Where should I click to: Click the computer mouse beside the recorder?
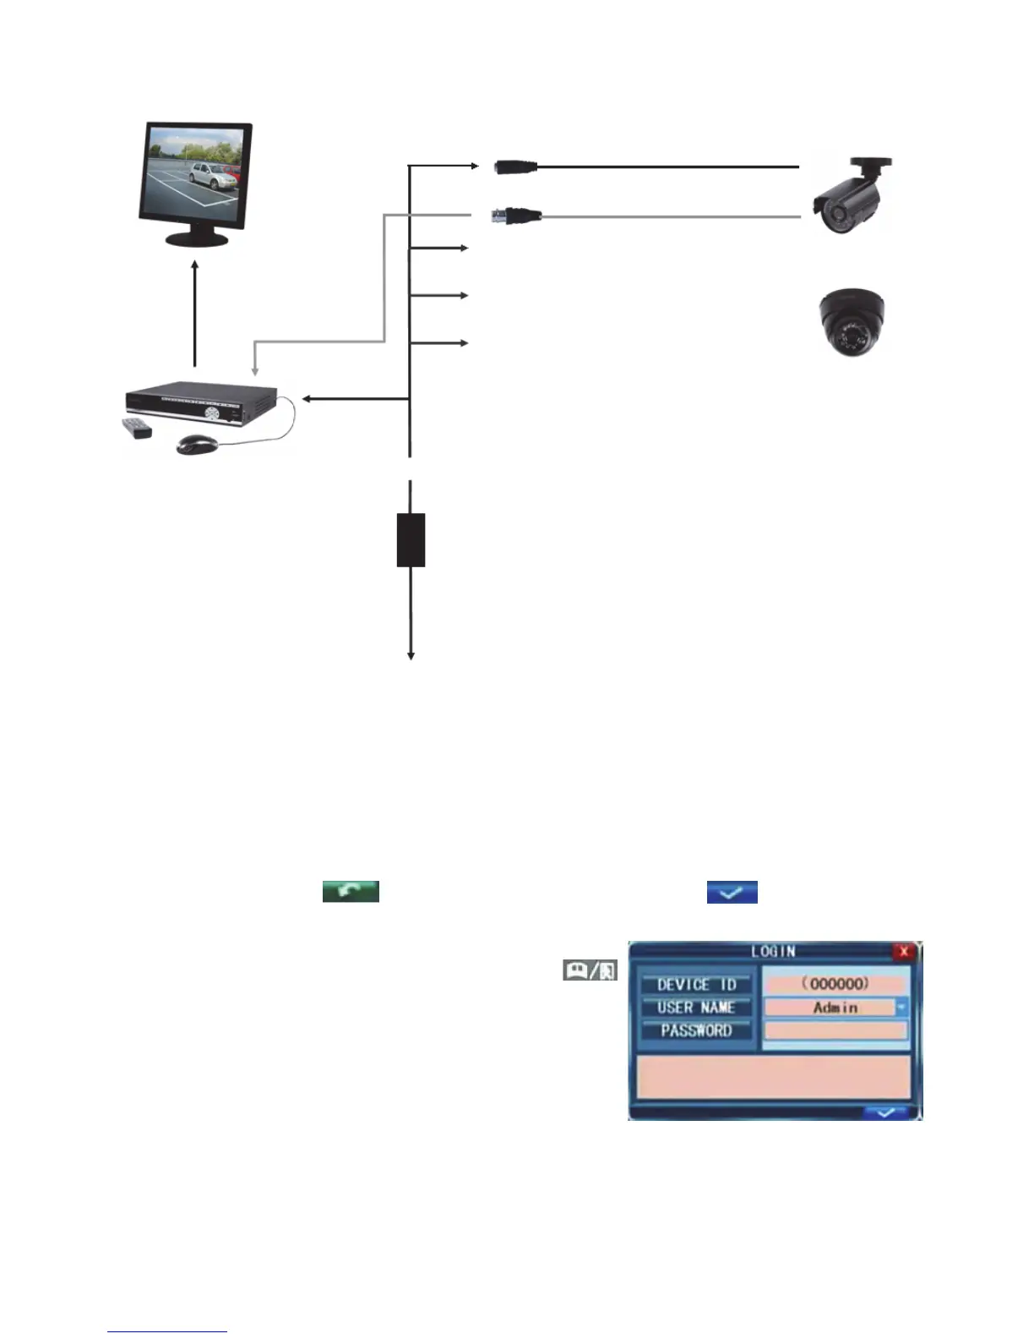tap(197, 443)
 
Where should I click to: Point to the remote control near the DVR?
tap(137, 428)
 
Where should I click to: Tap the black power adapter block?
tap(411, 539)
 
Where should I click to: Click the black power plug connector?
tap(515, 167)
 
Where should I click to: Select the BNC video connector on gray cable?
tap(516, 216)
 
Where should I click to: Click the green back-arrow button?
tap(351, 891)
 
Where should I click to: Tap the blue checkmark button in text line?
tap(732, 892)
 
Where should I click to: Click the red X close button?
tap(904, 952)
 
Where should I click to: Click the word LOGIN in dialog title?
tap(773, 951)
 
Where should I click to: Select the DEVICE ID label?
tap(696, 985)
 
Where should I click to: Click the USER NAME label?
tap(696, 1008)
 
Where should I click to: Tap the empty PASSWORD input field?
tap(835, 1030)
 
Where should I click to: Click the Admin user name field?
tap(830, 1008)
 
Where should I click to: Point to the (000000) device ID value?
tap(835, 984)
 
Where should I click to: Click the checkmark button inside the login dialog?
tap(884, 1112)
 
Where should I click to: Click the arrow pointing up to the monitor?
tap(195, 313)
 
